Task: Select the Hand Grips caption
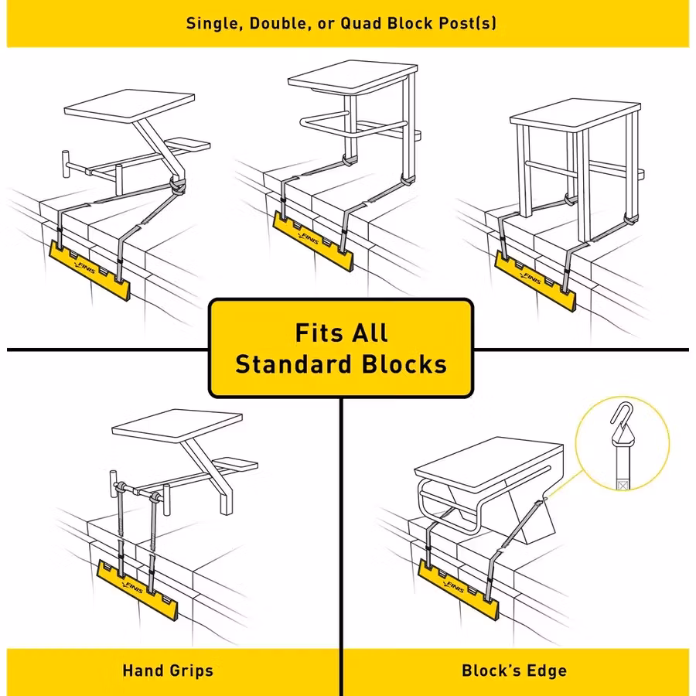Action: click(x=168, y=670)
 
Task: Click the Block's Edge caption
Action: click(x=514, y=670)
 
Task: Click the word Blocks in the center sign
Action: click(x=406, y=363)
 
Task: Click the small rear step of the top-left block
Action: click(x=188, y=144)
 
